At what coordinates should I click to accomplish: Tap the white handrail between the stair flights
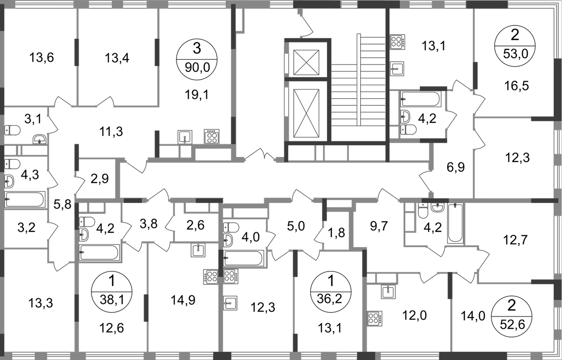tap(358, 78)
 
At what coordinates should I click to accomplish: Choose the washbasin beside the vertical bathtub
tap(438, 209)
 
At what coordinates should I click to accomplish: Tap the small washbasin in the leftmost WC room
tap(39, 139)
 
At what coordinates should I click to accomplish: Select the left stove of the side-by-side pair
tap(210, 277)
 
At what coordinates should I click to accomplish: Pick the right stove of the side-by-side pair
tap(231, 277)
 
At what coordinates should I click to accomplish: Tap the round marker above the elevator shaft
tap(300, 11)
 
